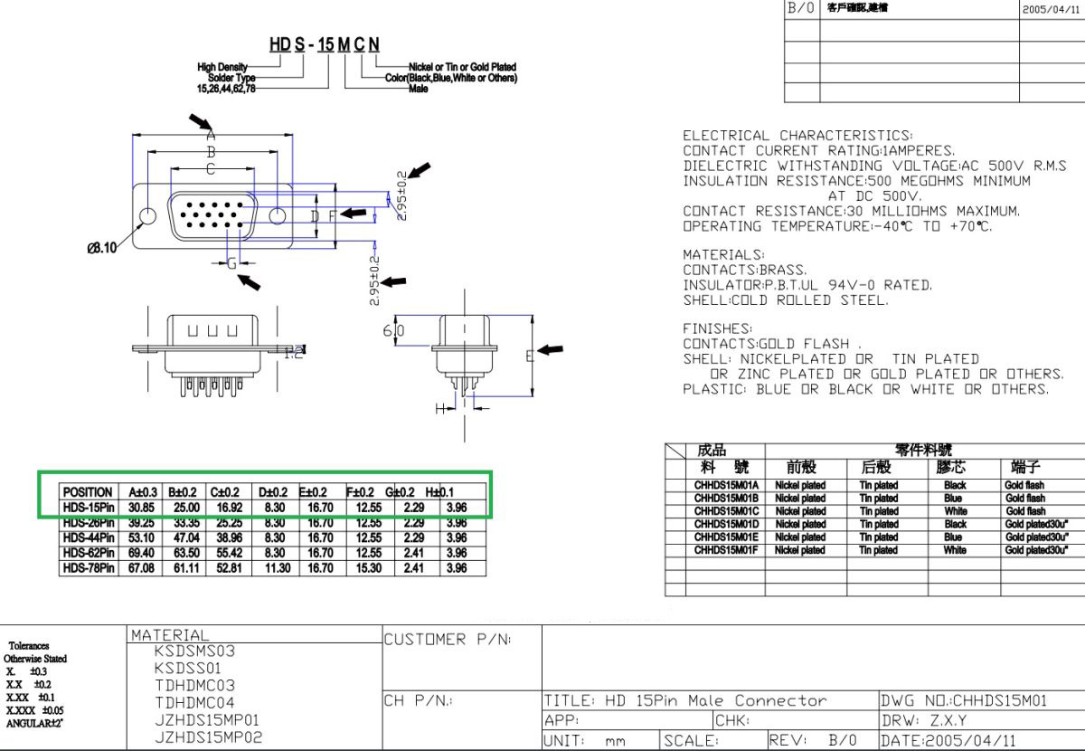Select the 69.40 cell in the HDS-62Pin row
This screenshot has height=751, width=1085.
click(140, 553)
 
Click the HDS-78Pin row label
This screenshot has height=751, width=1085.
click(88, 568)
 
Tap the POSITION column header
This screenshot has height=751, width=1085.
click(88, 492)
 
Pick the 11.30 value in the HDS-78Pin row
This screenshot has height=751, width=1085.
click(276, 568)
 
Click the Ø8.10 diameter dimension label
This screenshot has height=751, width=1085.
click(101, 249)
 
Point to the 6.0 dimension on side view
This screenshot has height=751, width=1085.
click(393, 331)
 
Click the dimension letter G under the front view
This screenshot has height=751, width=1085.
click(231, 263)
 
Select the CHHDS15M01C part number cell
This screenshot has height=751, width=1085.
click(726, 511)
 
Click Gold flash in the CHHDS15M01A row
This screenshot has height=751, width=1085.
click(1024, 486)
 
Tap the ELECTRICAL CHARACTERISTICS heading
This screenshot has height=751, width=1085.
click(797, 136)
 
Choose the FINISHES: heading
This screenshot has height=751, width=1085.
click(717, 329)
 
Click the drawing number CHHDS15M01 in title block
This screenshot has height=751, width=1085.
click(963, 700)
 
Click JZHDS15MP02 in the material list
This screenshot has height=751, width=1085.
click(207, 737)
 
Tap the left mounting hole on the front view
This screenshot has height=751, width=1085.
click(147, 216)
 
